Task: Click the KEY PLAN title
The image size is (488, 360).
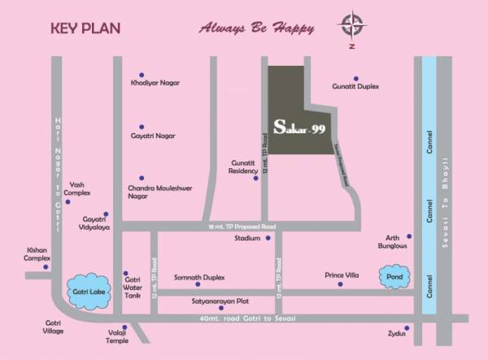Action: (85, 28)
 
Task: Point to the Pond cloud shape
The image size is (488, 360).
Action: (395, 275)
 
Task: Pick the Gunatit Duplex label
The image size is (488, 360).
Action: (356, 86)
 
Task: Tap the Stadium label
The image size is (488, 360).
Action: (247, 239)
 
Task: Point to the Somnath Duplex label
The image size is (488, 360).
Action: (198, 278)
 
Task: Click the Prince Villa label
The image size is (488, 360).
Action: (342, 275)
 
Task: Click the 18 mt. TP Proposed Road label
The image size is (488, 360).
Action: (242, 226)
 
